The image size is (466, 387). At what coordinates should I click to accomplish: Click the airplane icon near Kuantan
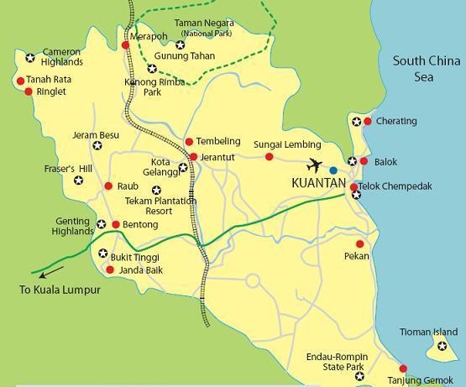(x=315, y=165)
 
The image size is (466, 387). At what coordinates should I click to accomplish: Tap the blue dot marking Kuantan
(x=333, y=170)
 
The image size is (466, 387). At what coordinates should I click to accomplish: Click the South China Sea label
(x=426, y=69)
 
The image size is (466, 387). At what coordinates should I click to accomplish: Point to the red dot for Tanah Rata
(x=20, y=81)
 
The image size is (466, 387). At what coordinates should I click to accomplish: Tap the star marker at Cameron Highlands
(x=30, y=58)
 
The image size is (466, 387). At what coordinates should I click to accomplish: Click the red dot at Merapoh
(x=125, y=44)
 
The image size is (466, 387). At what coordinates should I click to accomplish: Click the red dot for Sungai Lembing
(x=270, y=157)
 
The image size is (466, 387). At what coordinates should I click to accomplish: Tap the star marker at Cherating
(x=357, y=122)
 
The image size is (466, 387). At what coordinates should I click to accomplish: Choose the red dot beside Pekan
(x=360, y=244)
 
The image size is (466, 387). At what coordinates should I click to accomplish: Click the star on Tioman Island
(x=442, y=346)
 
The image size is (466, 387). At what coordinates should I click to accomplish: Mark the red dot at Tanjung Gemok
(x=403, y=369)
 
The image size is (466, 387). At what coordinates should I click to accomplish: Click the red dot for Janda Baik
(x=110, y=269)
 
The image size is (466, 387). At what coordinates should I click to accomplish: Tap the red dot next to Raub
(x=108, y=186)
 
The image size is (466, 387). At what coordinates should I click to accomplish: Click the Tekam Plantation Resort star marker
(x=155, y=191)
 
